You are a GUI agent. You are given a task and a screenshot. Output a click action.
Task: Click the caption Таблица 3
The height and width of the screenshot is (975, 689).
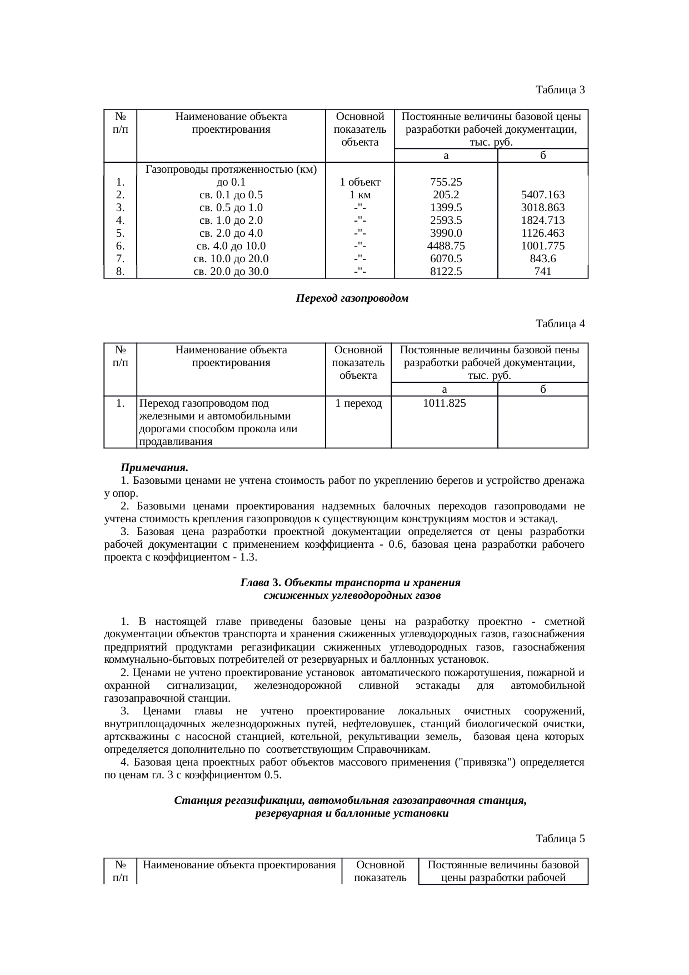pos(560,89)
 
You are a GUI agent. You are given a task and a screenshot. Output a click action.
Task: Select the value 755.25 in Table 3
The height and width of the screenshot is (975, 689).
pos(446,182)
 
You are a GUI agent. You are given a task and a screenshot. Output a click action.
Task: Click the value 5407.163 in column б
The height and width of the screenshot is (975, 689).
pos(542,195)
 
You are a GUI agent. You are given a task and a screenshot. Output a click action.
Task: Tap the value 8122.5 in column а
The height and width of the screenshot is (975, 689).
pos(446,272)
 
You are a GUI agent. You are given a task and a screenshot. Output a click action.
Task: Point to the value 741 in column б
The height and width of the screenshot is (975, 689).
pos(542,272)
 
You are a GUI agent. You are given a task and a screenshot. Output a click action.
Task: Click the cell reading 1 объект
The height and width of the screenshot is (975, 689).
pos(360,182)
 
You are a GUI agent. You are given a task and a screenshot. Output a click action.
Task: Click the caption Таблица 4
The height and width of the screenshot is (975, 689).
pos(560,323)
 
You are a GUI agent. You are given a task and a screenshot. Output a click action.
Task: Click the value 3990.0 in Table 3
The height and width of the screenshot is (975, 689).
pos(446,233)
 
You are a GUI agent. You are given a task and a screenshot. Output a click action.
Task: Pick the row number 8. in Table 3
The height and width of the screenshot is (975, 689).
pos(121,272)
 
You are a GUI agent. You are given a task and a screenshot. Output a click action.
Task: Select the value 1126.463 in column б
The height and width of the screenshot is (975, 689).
pos(542,233)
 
